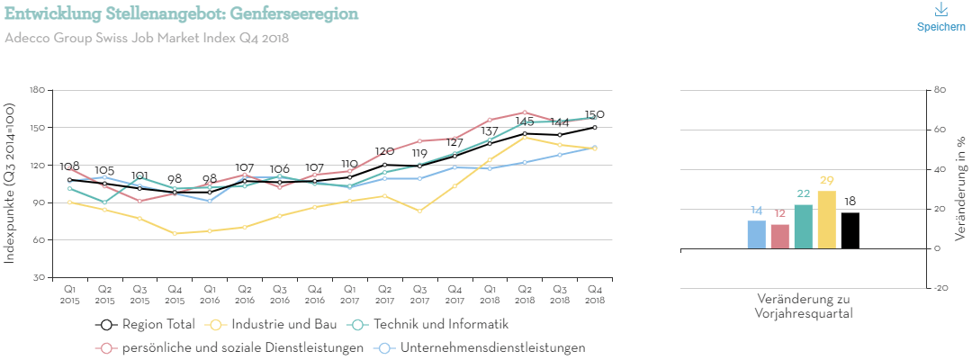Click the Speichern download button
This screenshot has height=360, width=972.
[x=940, y=17]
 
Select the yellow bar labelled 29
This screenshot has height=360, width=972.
[x=826, y=220]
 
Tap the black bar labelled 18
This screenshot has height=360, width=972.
[x=850, y=230]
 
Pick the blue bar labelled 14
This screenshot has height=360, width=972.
[x=757, y=234]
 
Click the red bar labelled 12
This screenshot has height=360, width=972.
[x=779, y=236]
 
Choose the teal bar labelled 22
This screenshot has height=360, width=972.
[x=803, y=226]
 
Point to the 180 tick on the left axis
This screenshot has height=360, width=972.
[x=37, y=90]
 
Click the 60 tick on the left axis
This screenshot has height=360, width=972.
[x=40, y=239]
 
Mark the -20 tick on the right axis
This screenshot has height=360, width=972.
[x=941, y=288]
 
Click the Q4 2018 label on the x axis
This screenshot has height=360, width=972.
[x=595, y=293]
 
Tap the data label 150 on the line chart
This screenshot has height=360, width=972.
[x=595, y=115]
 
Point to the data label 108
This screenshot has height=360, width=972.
[x=70, y=166]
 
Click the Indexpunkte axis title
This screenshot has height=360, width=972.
[x=11, y=184]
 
